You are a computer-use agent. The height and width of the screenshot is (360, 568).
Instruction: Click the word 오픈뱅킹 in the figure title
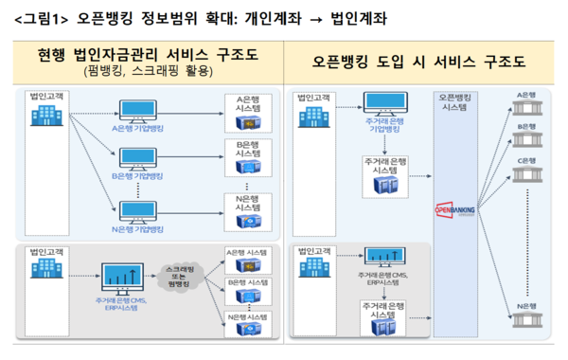(x=97, y=18)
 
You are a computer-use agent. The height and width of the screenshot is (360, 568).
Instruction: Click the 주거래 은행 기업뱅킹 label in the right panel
(x=378, y=127)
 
